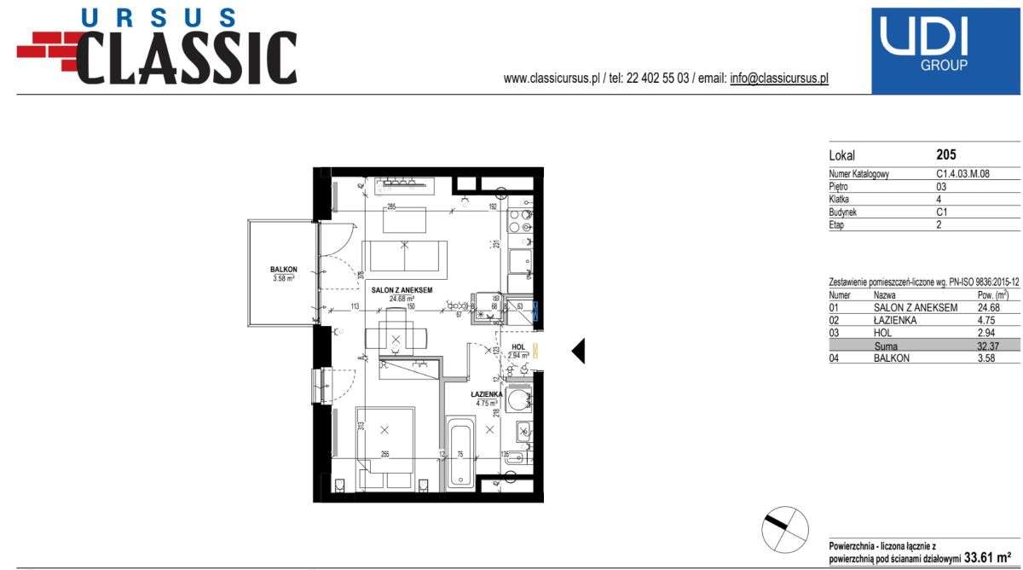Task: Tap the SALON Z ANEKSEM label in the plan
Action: click(x=401, y=290)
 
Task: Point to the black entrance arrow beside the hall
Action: click(x=577, y=351)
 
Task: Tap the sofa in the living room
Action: click(x=405, y=257)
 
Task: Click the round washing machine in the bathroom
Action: click(x=517, y=400)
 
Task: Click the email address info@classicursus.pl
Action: click(x=779, y=79)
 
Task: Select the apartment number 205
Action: click(x=946, y=155)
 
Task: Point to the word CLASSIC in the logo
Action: click(x=186, y=57)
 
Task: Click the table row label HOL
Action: click(x=883, y=333)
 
